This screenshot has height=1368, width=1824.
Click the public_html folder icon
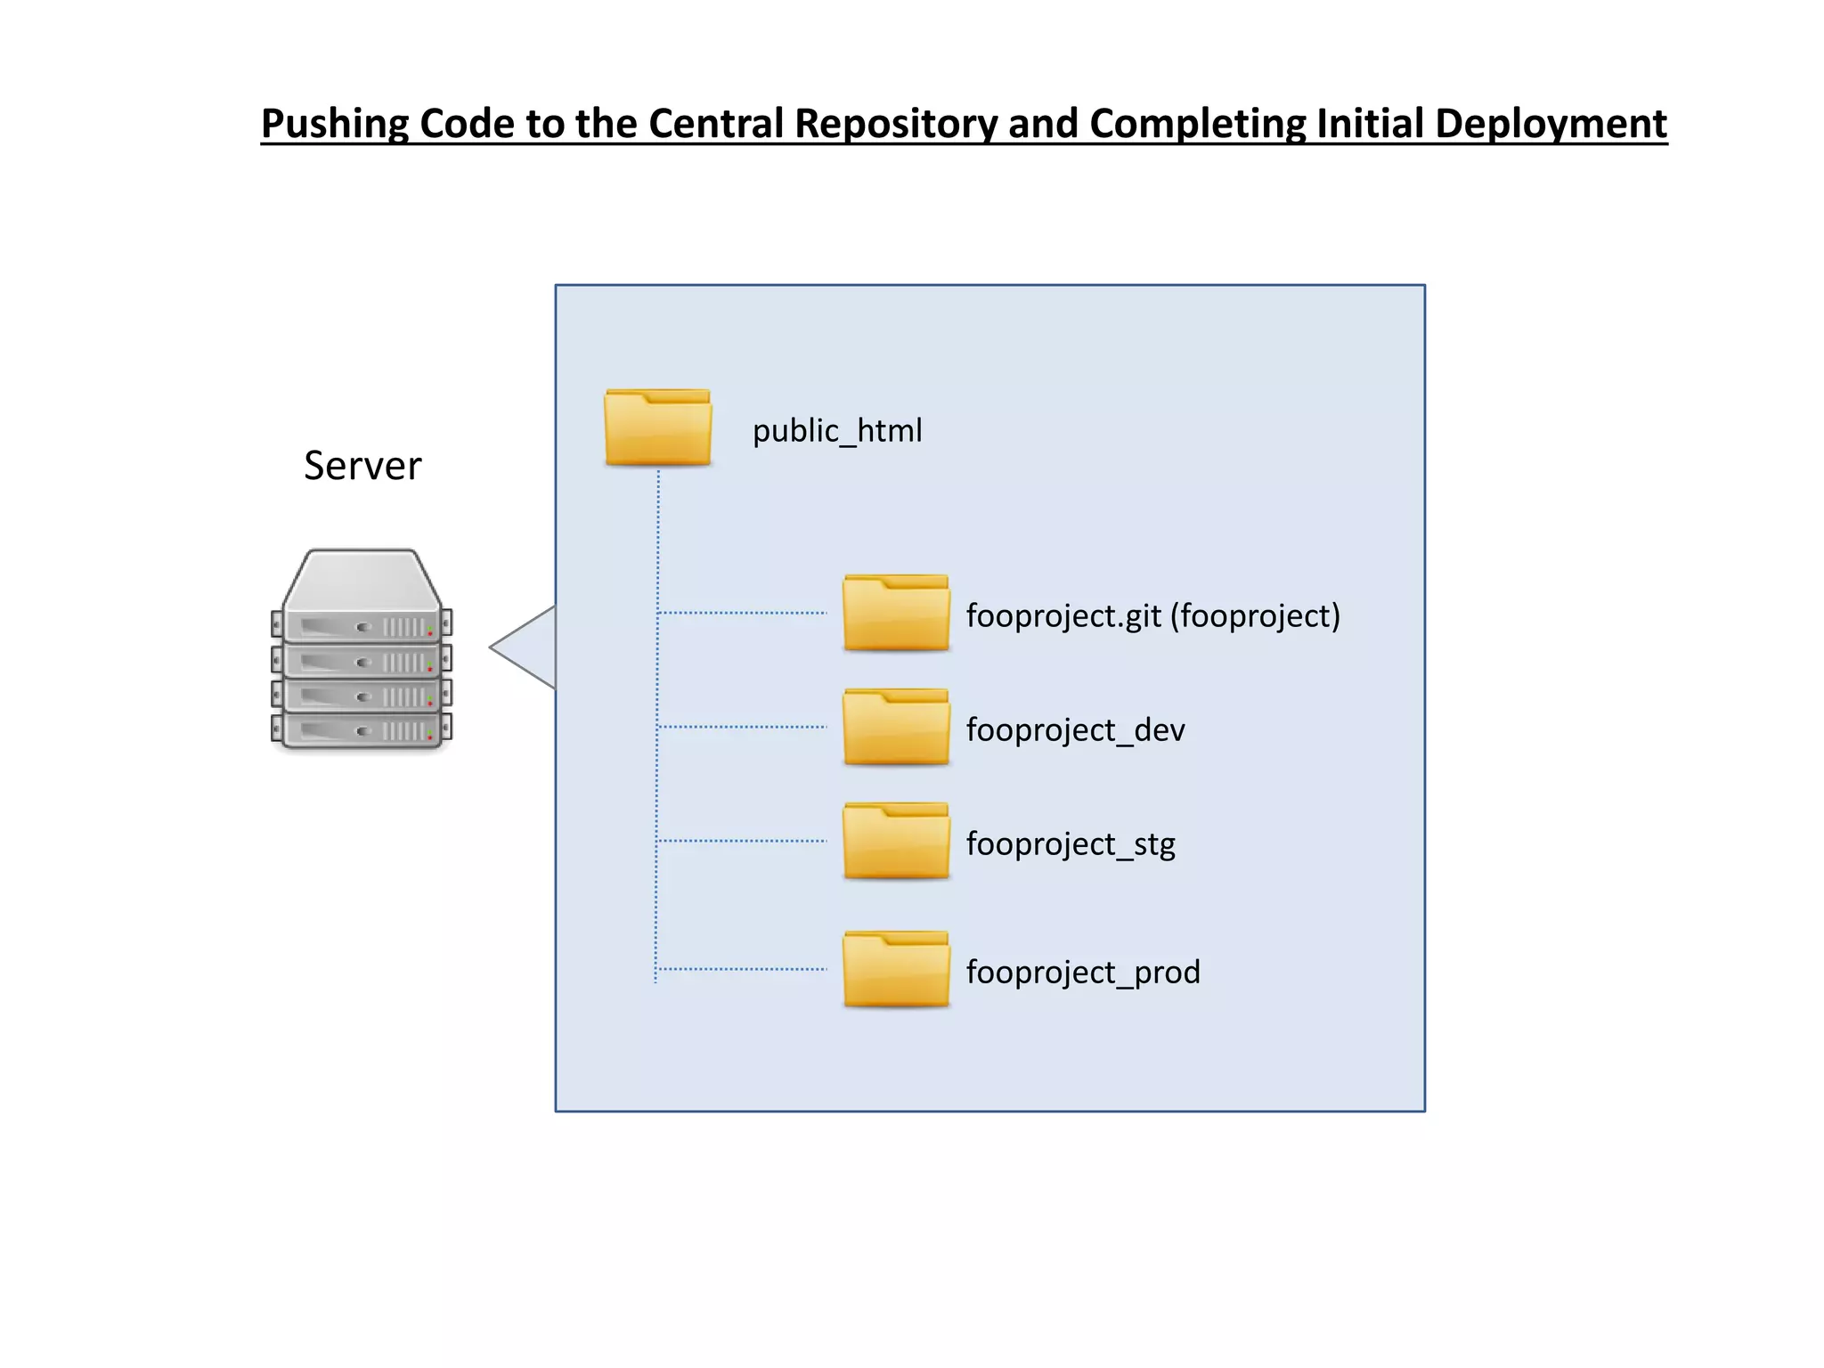click(x=657, y=428)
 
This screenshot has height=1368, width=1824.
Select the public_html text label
click(x=837, y=431)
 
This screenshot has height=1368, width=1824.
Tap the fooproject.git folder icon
click(x=896, y=614)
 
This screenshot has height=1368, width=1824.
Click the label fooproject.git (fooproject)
click(x=1152, y=615)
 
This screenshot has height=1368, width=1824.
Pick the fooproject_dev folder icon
click(x=896, y=728)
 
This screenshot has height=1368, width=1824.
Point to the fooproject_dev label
click(x=1075, y=730)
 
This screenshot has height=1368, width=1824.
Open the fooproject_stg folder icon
click(x=896, y=842)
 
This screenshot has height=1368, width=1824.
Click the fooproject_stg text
click(x=1071, y=844)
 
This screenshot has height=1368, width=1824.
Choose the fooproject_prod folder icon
click(x=896, y=970)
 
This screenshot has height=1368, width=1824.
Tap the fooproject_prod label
click(x=1083, y=972)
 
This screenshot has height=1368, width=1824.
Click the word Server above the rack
click(x=362, y=466)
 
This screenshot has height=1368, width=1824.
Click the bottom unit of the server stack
click(x=362, y=729)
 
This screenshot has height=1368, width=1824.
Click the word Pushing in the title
click(x=334, y=125)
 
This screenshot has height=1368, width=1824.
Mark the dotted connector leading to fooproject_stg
click(x=742, y=841)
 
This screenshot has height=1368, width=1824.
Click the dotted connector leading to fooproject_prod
click(x=742, y=969)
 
